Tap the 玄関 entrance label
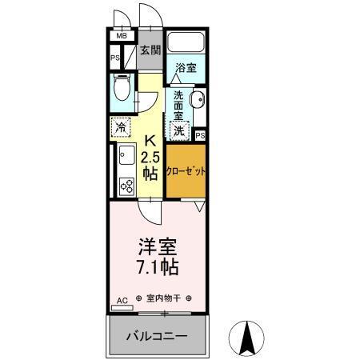pos(150,50)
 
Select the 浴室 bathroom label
pos(186,69)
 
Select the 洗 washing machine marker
pos(179,129)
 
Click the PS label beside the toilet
pos(114,58)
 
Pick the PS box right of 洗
pos(199,135)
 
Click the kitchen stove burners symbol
pos(126,186)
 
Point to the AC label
pos(122,300)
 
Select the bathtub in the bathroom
pos(186,44)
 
